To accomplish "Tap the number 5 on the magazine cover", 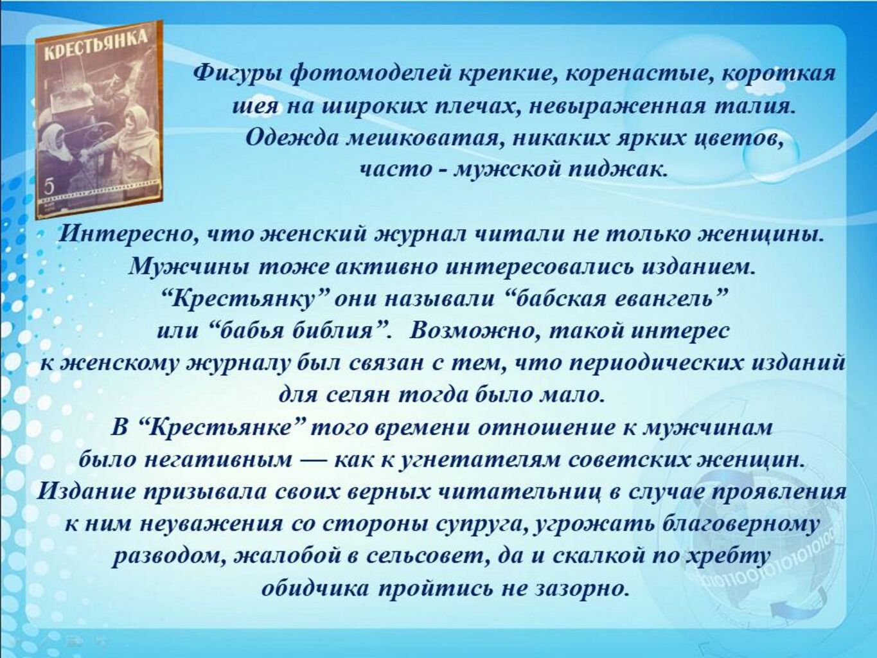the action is tap(50, 186).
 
